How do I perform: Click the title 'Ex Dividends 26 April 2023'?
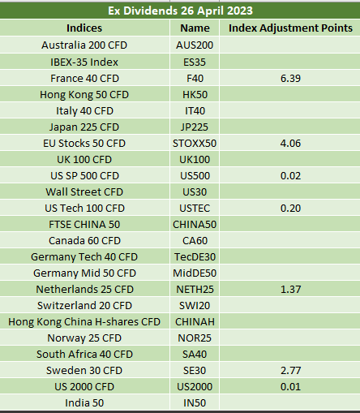point(180,11)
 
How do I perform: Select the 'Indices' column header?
point(84,28)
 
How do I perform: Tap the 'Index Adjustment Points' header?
point(290,28)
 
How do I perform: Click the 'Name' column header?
point(195,28)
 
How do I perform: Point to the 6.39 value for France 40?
point(290,79)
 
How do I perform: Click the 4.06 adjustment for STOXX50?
point(290,144)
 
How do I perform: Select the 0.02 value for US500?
point(290,176)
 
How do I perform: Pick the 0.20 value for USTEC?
point(290,209)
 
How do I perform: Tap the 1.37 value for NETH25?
point(290,290)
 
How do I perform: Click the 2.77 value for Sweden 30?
point(290,371)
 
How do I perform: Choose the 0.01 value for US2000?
point(290,387)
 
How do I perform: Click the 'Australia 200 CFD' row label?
point(84,45)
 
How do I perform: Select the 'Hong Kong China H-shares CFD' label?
point(84,322)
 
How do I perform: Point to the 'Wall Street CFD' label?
point(84,192)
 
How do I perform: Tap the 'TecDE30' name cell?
point(195,257)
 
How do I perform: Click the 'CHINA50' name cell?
point(195,225)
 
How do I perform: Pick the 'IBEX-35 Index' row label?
point(84,62)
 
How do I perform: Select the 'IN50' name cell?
point(195,403)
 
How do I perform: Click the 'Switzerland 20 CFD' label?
point(84,306)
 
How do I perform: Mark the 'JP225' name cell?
point(195,127)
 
